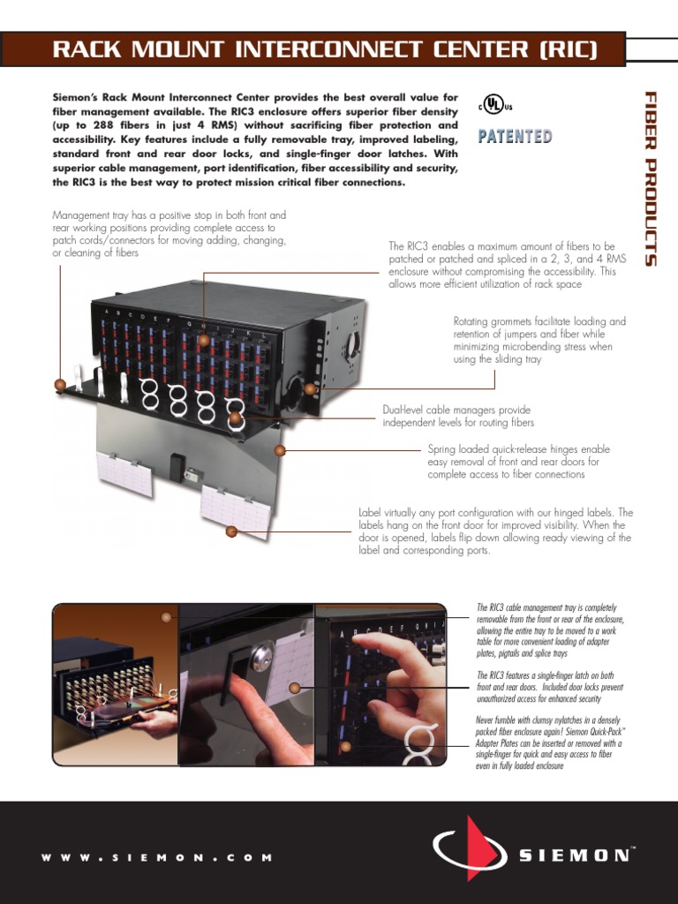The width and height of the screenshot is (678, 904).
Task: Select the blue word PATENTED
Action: click(x=515, y=136)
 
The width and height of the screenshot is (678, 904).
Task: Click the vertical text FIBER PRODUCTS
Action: click(x=650, y=177)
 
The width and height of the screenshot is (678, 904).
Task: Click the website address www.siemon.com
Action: click(x=157, y=857)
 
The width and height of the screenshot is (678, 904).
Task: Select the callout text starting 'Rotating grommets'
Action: click(x=539, y=341)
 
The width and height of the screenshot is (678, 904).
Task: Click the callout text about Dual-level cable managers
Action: click(x=457, y=417)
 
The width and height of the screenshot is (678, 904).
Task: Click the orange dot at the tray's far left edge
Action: click(x=60, y=384)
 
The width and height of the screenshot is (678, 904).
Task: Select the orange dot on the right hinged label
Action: click(x=231, y=531)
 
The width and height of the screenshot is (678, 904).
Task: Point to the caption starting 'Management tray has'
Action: click(x=169, y=234)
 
